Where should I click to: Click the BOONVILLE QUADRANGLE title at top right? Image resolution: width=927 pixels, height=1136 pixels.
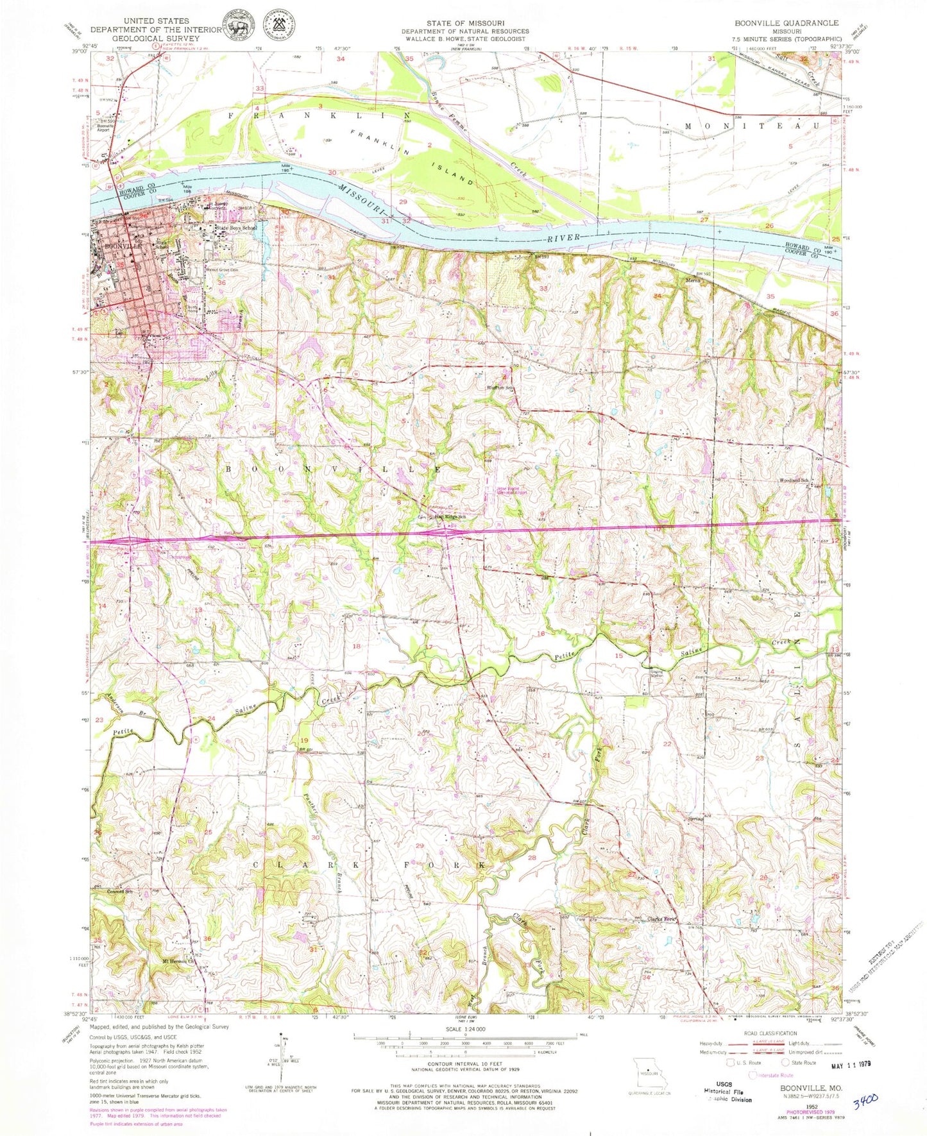pos(787,22)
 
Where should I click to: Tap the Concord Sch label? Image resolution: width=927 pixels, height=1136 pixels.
pos(119,892)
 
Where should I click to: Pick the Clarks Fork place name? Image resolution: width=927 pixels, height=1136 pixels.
pos(663,919)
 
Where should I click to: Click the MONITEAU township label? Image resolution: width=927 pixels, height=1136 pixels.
pos(752,126)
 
